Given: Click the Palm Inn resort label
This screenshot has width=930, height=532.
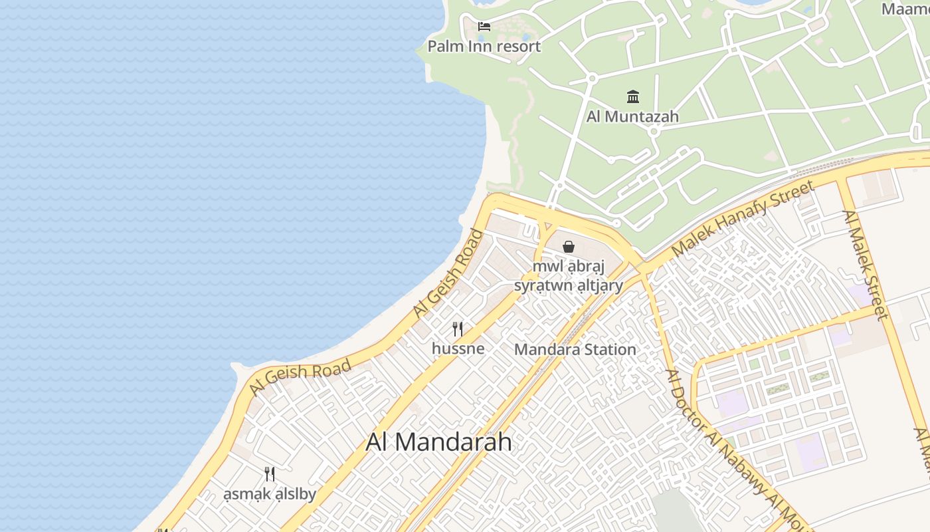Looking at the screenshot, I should click(x=484, y=47).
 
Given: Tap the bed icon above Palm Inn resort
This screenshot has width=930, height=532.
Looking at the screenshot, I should click(x=484, y=27).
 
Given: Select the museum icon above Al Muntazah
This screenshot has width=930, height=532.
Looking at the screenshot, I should click(x=633, y=97).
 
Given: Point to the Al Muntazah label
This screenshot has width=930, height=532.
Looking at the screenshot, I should click(x=632, y=117).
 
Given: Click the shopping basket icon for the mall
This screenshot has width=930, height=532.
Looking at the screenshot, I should click(x=569, y=247).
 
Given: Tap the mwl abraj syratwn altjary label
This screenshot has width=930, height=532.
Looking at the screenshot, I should click(x=569, y=276).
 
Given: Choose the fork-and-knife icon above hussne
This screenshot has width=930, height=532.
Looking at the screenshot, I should click(x=458, y=329).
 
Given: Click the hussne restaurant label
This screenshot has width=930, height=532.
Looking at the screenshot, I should click(x=458, y=348).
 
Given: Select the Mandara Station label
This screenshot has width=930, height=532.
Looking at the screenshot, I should click(x=575, y=349).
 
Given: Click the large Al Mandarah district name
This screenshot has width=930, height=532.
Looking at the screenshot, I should click(x=439, y=442).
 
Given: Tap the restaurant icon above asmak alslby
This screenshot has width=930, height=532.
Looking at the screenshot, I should click(x=270, y=474).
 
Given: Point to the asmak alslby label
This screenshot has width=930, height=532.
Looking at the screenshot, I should click(x=270, y=494).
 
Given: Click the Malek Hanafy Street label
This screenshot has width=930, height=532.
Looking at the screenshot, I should click(x=742, y=219).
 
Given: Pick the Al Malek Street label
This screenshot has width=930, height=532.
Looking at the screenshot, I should click(x=865, y=265).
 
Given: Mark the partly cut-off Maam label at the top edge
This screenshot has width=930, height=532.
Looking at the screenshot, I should click(x=905, y=9).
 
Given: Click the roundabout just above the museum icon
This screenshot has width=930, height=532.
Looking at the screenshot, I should click(x=592, y=78).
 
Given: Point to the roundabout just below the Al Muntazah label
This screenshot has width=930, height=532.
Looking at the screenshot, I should click(x=654, y=132).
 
